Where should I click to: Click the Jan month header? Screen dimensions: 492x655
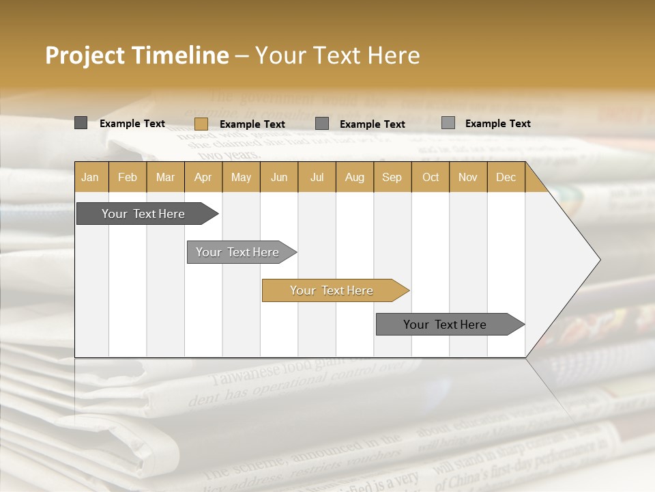(x=90, y=177)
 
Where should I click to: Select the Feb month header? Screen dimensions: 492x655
(x=128, y=177)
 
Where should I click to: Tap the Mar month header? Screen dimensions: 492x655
(x=165, y=177)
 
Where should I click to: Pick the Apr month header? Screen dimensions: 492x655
(x=203, y=177)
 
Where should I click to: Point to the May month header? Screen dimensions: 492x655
(x=241, y=177)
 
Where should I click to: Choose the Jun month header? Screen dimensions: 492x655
(x=279, y=177)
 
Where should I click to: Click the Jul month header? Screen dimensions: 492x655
(x=317, y=177)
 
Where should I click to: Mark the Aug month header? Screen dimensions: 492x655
(x=354, y=177)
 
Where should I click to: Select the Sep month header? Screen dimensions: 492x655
(x=392, y=177)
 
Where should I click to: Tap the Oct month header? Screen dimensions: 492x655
(x=431, y=177)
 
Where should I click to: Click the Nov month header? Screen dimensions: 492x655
(x=468, y=177)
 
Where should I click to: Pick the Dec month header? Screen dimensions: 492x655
(x=506, y=177)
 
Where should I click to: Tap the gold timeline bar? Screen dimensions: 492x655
(x=332, y=290)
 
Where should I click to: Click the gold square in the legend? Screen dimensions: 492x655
(x=201, y=124)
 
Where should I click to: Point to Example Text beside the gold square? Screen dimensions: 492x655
(x=252, y=124)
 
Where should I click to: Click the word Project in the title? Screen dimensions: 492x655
(x=85, y=55)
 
